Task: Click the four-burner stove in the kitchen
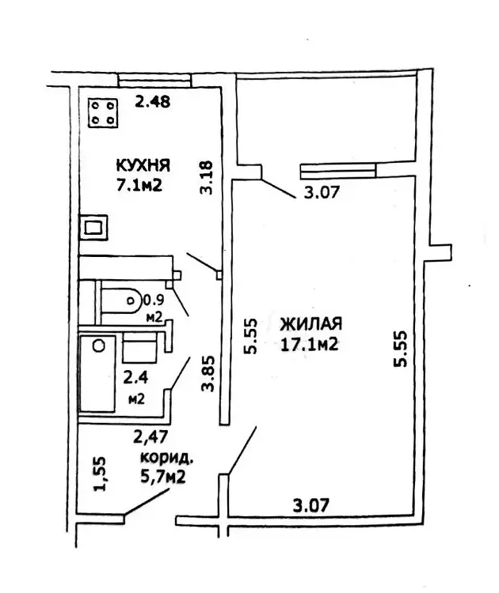coord(103,113)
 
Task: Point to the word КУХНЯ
coord(143,166)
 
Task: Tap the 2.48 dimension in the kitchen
coord(153,101)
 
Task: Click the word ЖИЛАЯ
coord(310,324)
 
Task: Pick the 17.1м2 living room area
coord(310,345)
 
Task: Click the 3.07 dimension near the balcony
coord(321,191)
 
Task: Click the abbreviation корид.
coord(166,458)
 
